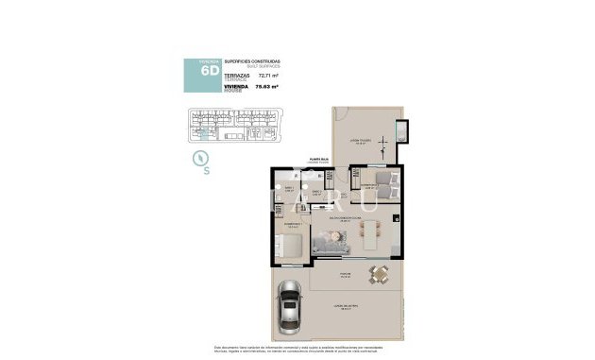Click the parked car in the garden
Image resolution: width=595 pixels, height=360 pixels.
[290, 310]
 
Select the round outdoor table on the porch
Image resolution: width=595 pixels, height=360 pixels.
[380, 275]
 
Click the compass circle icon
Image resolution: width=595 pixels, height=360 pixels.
[199, 158]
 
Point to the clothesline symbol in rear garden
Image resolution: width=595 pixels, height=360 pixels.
[383, 146]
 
